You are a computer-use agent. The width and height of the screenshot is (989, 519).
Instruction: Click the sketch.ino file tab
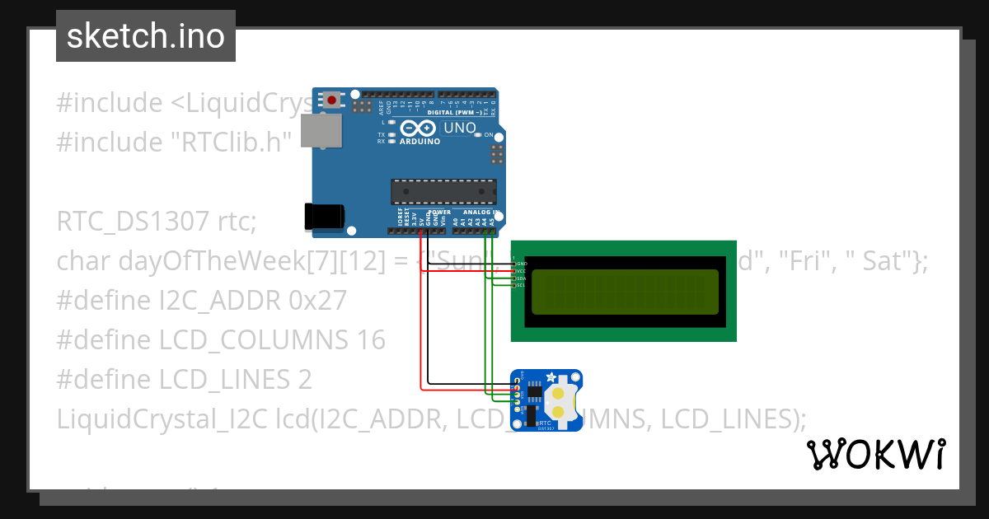146,36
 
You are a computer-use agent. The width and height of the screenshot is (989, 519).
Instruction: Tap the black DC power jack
323,216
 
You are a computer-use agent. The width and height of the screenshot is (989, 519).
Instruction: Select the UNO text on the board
460,128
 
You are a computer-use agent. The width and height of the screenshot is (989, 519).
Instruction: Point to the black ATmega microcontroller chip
443,191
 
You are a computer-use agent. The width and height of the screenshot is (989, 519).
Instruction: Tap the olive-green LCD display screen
624,292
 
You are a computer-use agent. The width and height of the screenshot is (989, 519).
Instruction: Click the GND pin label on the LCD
522,263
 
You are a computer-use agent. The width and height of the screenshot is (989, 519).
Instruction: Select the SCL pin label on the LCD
522,285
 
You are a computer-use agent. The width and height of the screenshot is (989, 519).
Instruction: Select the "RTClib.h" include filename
231,143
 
